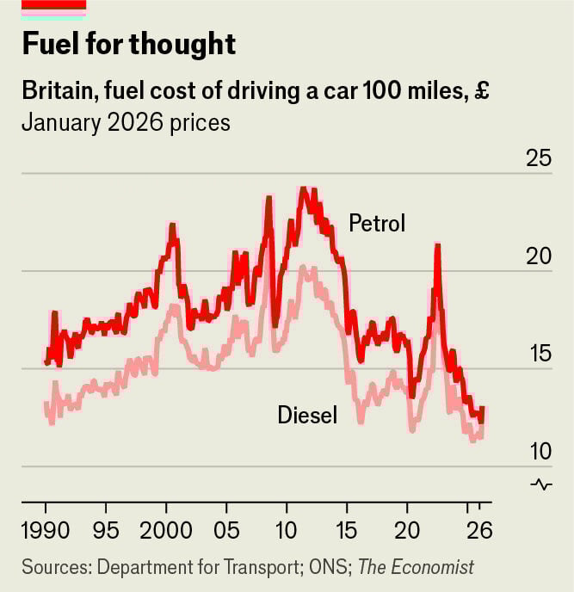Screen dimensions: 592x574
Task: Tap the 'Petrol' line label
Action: pyautogui.click(x=376, y=224)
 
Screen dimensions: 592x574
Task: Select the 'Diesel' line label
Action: pyautogui.click(x=307, y=416)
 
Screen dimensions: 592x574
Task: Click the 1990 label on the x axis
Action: pyautogui.click(x=46, y=529)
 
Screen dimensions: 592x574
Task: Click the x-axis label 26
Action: pyautogui.click(x=478, y=529)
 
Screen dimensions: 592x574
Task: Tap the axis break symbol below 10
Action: pyautogui.click(x=541, y=484)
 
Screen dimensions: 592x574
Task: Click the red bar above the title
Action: pyautogui.click(x=53, y=5)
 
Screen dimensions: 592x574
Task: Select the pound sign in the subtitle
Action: pyautogui.click(x=481, y=90)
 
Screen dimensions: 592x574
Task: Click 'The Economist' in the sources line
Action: pyautogui.click(x=416, y=568)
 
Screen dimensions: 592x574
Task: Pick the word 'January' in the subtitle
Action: pyautogui.click(x=59, y=122)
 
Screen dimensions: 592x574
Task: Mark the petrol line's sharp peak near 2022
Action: pyautogui.click(x=438, y=246)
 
